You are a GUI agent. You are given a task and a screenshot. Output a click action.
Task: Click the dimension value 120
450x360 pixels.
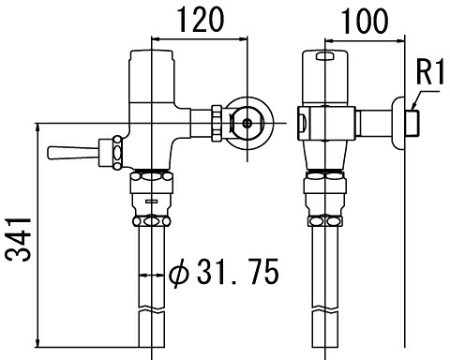[x=201, y=20]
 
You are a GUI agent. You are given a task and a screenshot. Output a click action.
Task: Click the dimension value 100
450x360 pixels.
[x=365, y=21]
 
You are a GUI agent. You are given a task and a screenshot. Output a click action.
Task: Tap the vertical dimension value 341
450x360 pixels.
[x=18, y=240]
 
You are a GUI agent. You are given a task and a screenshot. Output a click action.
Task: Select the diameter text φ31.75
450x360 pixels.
[x=224, y=271]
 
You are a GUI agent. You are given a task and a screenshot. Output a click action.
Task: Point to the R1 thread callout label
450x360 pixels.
[x=430, y=72]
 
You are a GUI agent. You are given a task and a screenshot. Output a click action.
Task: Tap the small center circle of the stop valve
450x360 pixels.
[x=247, y=123]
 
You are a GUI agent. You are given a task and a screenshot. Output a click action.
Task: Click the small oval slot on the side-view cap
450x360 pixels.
[x=325, y=56]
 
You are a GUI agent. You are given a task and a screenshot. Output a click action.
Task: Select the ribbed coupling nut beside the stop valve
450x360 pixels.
[x=217, y=123]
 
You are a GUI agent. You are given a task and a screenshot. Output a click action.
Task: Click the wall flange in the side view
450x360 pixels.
[x=398, y=123]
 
